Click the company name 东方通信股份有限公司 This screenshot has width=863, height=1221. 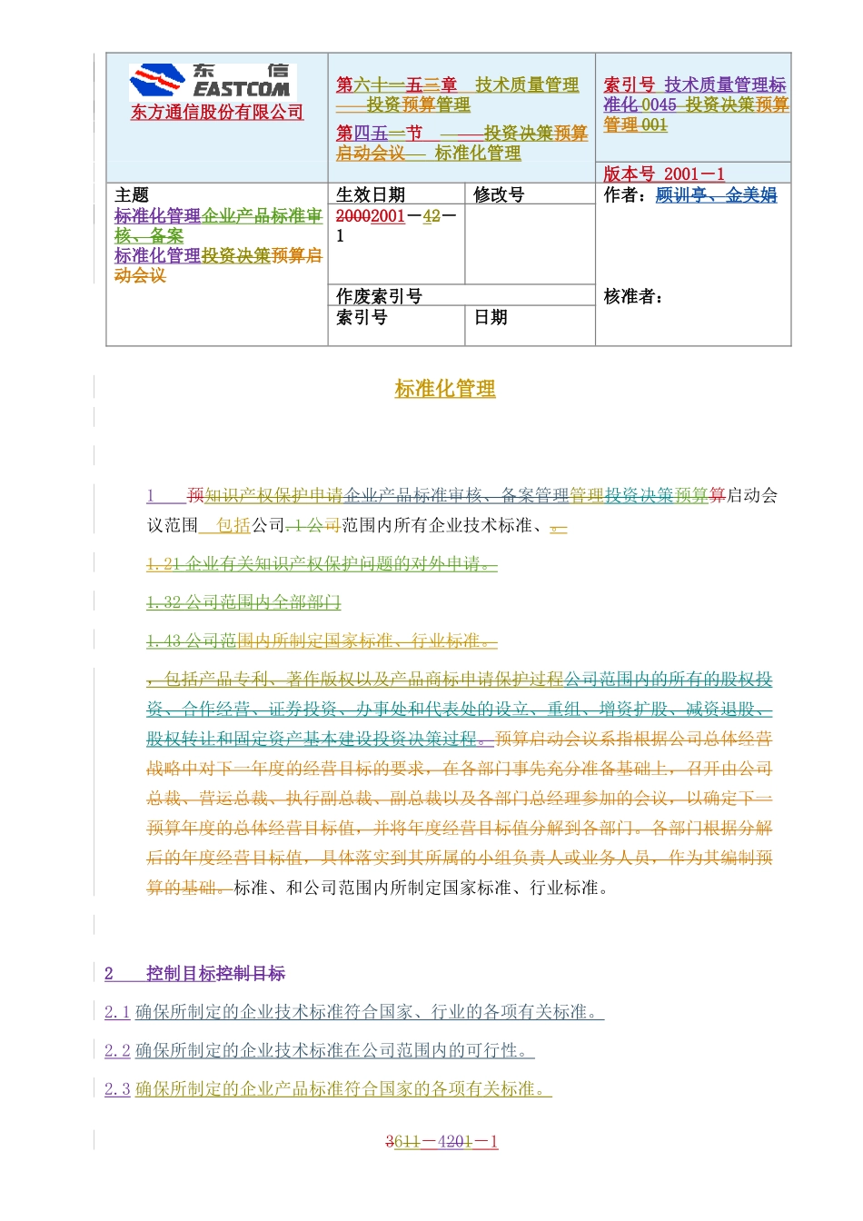tap(217, 113)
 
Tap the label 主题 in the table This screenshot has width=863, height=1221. tap(132, 195)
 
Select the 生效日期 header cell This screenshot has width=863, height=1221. tap(371, 194)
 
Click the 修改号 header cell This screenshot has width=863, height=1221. tap(499, 194)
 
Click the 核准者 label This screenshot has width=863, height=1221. tap(633, 296)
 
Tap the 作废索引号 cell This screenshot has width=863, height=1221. tap(379, 296)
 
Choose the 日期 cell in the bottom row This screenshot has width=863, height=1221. tap(491, 317)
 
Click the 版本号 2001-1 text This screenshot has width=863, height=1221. tap(664, 174)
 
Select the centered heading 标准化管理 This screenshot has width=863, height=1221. tap(445, 389)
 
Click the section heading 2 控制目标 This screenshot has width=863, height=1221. tap(194, 973)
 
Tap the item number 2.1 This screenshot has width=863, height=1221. tap(117, 1012)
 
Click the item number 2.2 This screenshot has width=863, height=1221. tap(117, 1051)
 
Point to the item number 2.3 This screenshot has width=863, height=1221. tap(117, 1089)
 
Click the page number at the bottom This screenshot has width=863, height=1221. tap(441, 1142)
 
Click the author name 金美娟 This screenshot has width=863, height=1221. tap(751, 195)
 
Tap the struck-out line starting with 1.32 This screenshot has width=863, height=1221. tap(243, 602)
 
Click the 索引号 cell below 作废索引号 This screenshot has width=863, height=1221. tap(362, 317)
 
